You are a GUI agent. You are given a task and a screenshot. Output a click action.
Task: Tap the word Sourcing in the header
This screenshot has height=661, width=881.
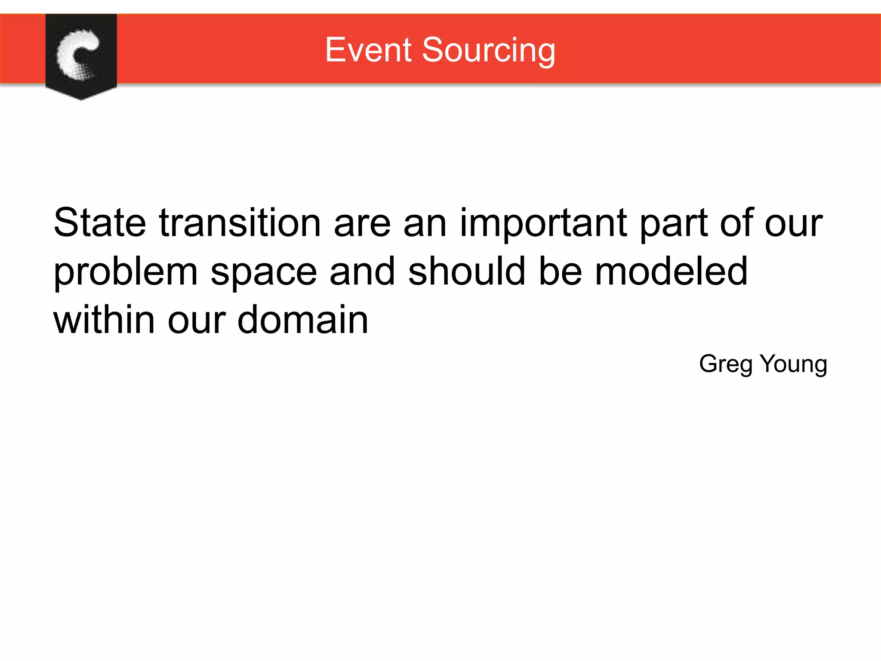pos(489,51)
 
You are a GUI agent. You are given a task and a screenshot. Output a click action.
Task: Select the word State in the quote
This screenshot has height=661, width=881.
pos(100,222)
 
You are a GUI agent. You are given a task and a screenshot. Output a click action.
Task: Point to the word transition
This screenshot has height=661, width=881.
pos(240,222)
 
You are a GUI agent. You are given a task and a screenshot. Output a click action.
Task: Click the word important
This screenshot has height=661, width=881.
pos(544,223)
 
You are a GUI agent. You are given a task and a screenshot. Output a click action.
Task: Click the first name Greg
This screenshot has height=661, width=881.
pos(726,364)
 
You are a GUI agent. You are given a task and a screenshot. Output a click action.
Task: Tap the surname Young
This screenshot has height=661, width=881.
pos(793,364)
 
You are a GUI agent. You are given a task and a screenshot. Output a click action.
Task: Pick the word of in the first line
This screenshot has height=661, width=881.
pos(737,222)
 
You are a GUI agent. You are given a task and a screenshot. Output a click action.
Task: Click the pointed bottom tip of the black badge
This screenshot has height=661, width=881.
pos(81,99)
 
